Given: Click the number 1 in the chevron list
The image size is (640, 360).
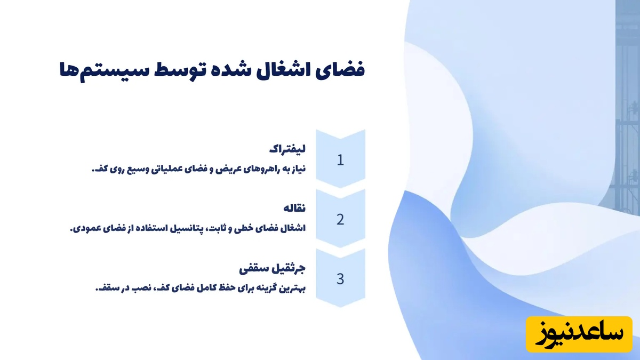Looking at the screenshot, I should point(340,160).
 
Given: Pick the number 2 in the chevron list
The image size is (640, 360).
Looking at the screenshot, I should point(340,219).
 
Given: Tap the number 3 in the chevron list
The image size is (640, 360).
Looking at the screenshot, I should point(340,278).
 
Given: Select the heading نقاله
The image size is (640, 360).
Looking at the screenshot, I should point(294,208).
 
